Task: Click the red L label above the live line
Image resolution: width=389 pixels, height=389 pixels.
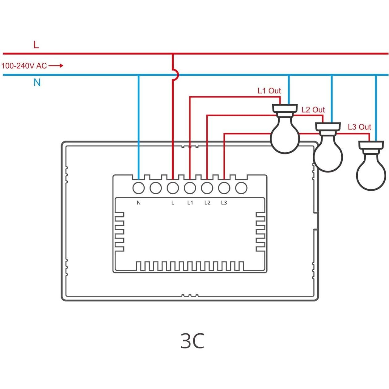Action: coord(36,45)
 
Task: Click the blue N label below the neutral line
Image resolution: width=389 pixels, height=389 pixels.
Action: coord(37,82)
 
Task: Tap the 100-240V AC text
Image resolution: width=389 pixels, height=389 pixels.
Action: coord(24,66)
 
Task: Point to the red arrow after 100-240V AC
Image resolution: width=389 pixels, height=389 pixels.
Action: coord(56,66)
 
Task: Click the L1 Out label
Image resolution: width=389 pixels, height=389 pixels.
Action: coord(269,91)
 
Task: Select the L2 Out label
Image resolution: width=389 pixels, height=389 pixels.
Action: coord(313,110)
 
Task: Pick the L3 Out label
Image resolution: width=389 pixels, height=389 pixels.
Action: coord(359,127)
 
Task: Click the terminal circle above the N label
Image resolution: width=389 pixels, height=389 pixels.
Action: coord(139,188)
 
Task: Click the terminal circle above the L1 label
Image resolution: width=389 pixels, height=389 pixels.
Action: coord(190,188)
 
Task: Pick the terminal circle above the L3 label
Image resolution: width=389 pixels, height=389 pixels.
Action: coord(224,188)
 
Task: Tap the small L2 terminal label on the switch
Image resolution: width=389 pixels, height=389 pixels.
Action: coord(207,203)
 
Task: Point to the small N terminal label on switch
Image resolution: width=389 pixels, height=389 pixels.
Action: coord(139,203)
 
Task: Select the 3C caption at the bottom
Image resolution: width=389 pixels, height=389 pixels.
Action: coord(192,341)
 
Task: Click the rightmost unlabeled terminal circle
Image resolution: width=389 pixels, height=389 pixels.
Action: coord(241,188)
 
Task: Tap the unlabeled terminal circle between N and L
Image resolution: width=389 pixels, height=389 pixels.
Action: coord(156,188)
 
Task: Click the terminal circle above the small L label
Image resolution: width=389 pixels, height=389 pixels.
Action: coord(173,188)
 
